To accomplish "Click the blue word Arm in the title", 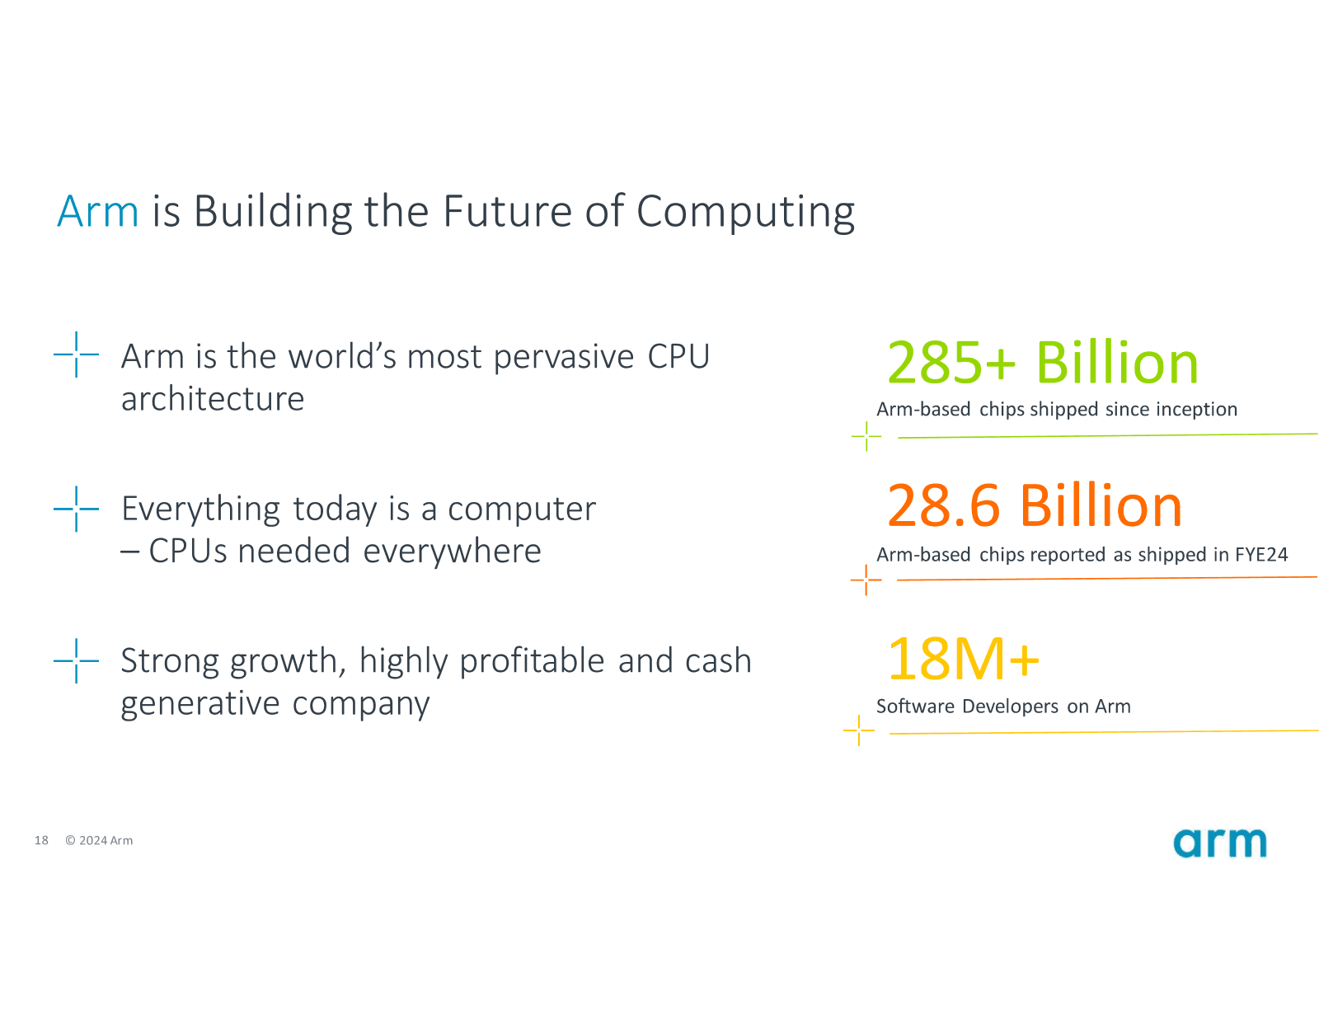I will click(x=97, y=211).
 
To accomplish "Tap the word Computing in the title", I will click(x=745, y=213).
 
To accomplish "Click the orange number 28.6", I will click(x=943, y=505).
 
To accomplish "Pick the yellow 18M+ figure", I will click(x=963, y=659).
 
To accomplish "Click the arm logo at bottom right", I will click(x=1219, y=843).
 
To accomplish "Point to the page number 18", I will click(x=41, y=840).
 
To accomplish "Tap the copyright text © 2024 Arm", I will click(x=99, y=840).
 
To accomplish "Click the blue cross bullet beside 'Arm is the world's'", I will click(x=76, y=355).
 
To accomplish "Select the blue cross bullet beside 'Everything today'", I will click(x=76, y=509).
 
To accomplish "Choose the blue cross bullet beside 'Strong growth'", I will click(x=76, y=660).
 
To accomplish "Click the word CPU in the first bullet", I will click(x=678, y=357).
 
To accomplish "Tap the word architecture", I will click(x=213, y=399).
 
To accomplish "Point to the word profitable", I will click(x=532, y=661).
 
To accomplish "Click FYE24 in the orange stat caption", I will click(x=1260, y=555).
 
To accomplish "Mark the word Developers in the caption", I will click(x=1010, y=707).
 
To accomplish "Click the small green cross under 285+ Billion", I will click(x=866, y=436).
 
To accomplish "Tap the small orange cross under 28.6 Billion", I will click(x=866, y=580).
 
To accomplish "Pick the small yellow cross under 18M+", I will click(x=858, y=730).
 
